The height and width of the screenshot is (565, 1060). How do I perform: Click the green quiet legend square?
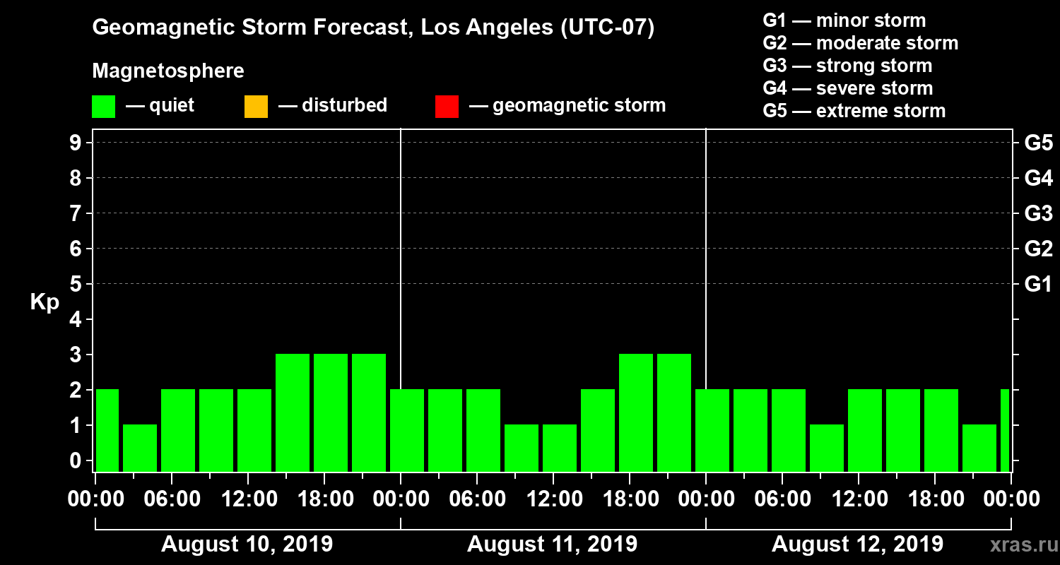tap(103, 106)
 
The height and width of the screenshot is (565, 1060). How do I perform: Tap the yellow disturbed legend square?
tap(256, 106)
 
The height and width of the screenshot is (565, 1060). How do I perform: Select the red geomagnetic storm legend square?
tap(447, 106)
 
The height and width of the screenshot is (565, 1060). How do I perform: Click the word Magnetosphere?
tap(168, 71)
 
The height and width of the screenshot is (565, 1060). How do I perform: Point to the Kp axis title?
tap(45, 302)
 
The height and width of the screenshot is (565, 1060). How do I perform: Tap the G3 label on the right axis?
tap(1038, 213)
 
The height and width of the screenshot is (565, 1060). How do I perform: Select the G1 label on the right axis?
tap(1038, 285)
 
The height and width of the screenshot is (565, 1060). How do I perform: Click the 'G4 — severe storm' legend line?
tap(847, 88)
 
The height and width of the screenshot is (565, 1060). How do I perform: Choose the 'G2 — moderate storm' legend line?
tap(860, 43)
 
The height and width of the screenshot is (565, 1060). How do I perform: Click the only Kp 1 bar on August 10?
tap(140, 448)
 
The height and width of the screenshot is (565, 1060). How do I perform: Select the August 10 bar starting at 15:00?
tap(293, 412)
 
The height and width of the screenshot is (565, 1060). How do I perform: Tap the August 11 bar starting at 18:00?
tap(636, 412)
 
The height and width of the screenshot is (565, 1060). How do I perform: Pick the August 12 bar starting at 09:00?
tap(827, 448)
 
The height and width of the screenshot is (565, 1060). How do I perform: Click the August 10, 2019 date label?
tap(247, 545)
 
